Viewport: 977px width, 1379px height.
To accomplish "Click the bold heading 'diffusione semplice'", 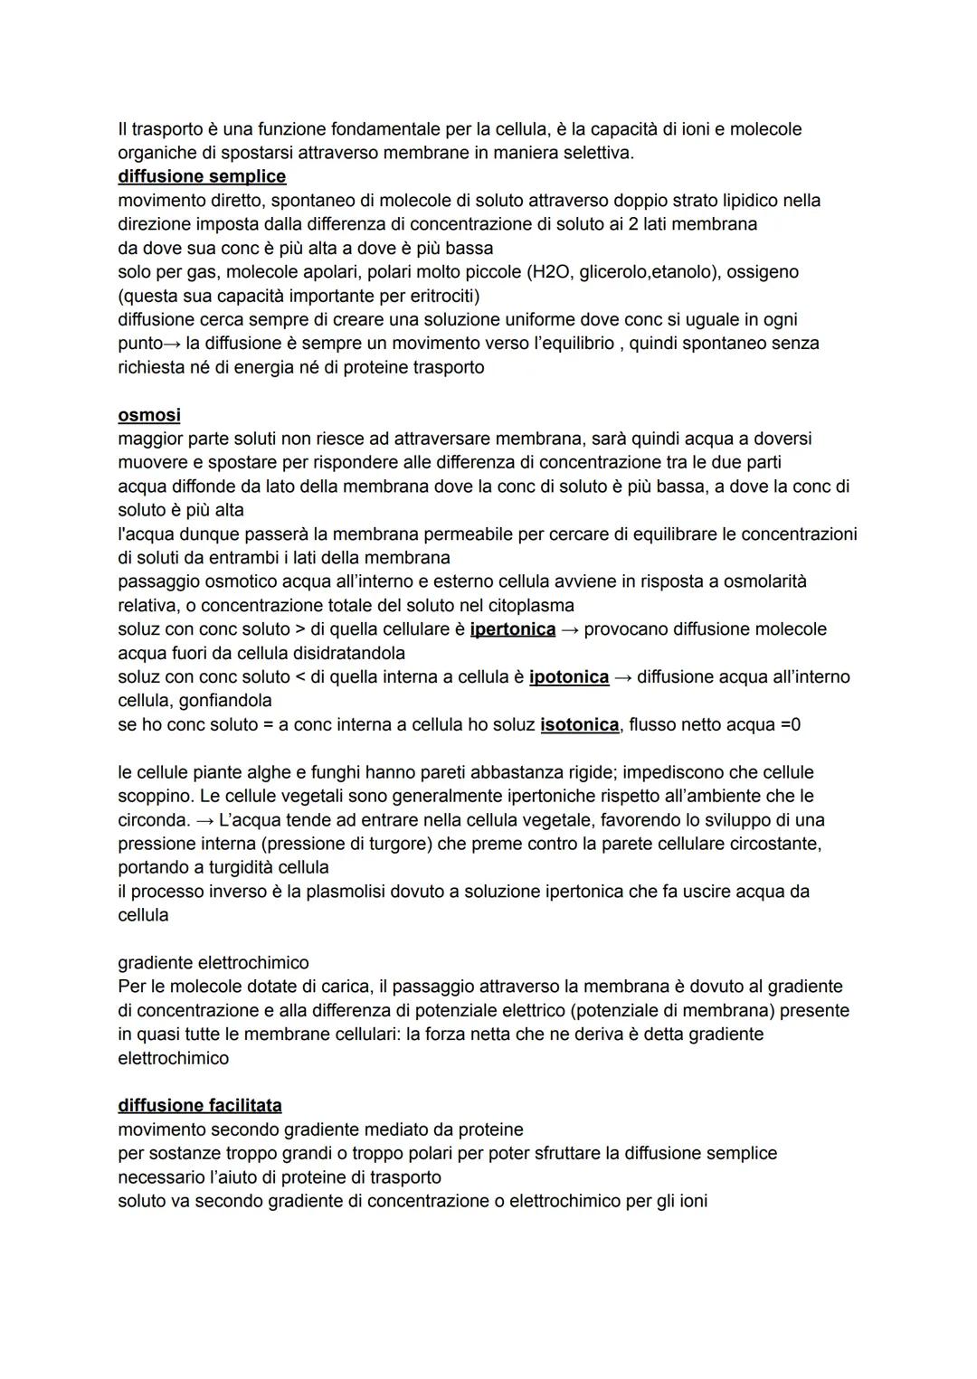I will [202, 176].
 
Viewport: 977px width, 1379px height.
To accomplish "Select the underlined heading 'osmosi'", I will [149, 415].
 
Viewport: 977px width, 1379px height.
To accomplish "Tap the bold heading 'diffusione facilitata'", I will [200, 1105].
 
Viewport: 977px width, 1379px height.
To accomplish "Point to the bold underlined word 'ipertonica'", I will [513, 629].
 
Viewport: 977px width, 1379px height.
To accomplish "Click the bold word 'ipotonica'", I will [569, 677].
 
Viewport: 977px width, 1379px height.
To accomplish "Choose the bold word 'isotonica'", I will [580, 725].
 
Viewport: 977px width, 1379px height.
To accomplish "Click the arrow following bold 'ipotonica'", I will [623, 677].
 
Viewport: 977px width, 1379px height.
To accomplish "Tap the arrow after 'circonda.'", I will [205, 820].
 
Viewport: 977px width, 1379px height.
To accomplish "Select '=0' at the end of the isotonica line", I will [790, 725].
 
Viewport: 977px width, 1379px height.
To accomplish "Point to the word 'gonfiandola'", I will [225, 701].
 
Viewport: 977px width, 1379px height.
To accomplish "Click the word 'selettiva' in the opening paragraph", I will [597, 153].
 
